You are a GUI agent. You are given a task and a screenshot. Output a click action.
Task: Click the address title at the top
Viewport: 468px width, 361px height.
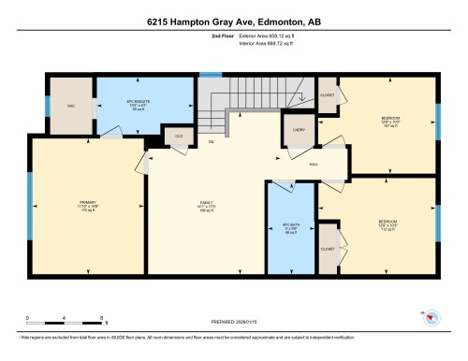[x=234, y=21]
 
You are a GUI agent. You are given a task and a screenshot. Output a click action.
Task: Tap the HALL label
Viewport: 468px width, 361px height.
[x=315, y=163]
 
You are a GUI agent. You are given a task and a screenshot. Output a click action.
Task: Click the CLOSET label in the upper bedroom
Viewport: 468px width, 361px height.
[x=328, y=94]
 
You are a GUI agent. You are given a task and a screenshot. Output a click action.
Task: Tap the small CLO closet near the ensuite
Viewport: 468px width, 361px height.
[x=178, y=137]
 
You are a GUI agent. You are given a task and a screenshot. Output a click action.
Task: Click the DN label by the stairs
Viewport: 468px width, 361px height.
[x=212, y=142]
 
